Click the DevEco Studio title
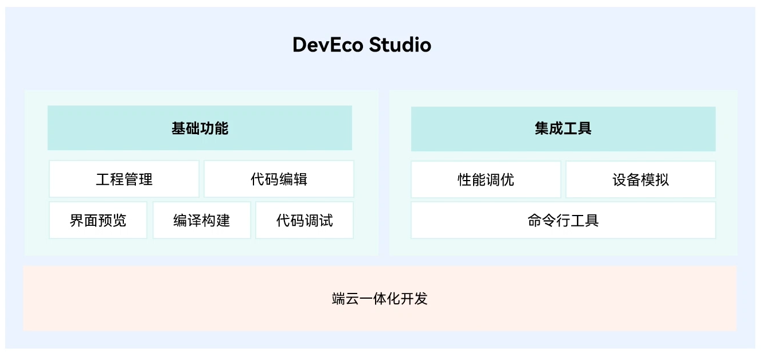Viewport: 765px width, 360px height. click(361, 45)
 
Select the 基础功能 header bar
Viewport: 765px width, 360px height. click(200, 128)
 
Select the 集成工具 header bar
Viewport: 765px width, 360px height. click(563, 128)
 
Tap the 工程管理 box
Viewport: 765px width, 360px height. click(124, 179)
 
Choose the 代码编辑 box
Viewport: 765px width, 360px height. click(279, 179)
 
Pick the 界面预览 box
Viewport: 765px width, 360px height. click(98, 220)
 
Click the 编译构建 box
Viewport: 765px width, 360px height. click(201, 220)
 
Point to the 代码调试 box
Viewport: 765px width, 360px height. click(305, 220)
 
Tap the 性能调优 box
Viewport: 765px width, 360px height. click(486, 179)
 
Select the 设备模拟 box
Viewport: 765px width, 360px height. click(641, 179)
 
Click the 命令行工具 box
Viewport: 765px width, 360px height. click(563, 220)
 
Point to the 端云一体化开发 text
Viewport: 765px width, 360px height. click(380, 299)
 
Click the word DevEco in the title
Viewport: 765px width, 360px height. click(327, 45)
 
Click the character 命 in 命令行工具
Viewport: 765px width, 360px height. click(535, 220)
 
